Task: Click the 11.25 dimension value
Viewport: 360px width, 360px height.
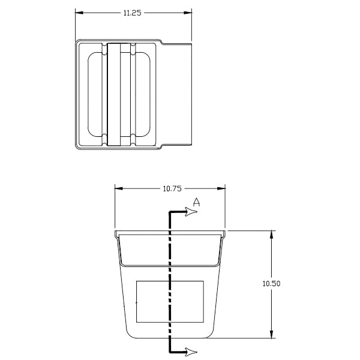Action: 132,13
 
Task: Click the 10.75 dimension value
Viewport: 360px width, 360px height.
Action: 172,189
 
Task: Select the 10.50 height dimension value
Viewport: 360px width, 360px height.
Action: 271,284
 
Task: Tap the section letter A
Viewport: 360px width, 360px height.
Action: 196,202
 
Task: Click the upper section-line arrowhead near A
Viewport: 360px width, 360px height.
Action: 191,211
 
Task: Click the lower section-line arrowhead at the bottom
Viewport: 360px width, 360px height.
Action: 191,352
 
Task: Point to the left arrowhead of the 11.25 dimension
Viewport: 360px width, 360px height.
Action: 79,13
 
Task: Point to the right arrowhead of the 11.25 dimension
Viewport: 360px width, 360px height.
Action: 188,13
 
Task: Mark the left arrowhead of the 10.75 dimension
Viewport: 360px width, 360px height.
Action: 119,188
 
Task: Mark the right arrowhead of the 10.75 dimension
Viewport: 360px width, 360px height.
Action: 221,188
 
